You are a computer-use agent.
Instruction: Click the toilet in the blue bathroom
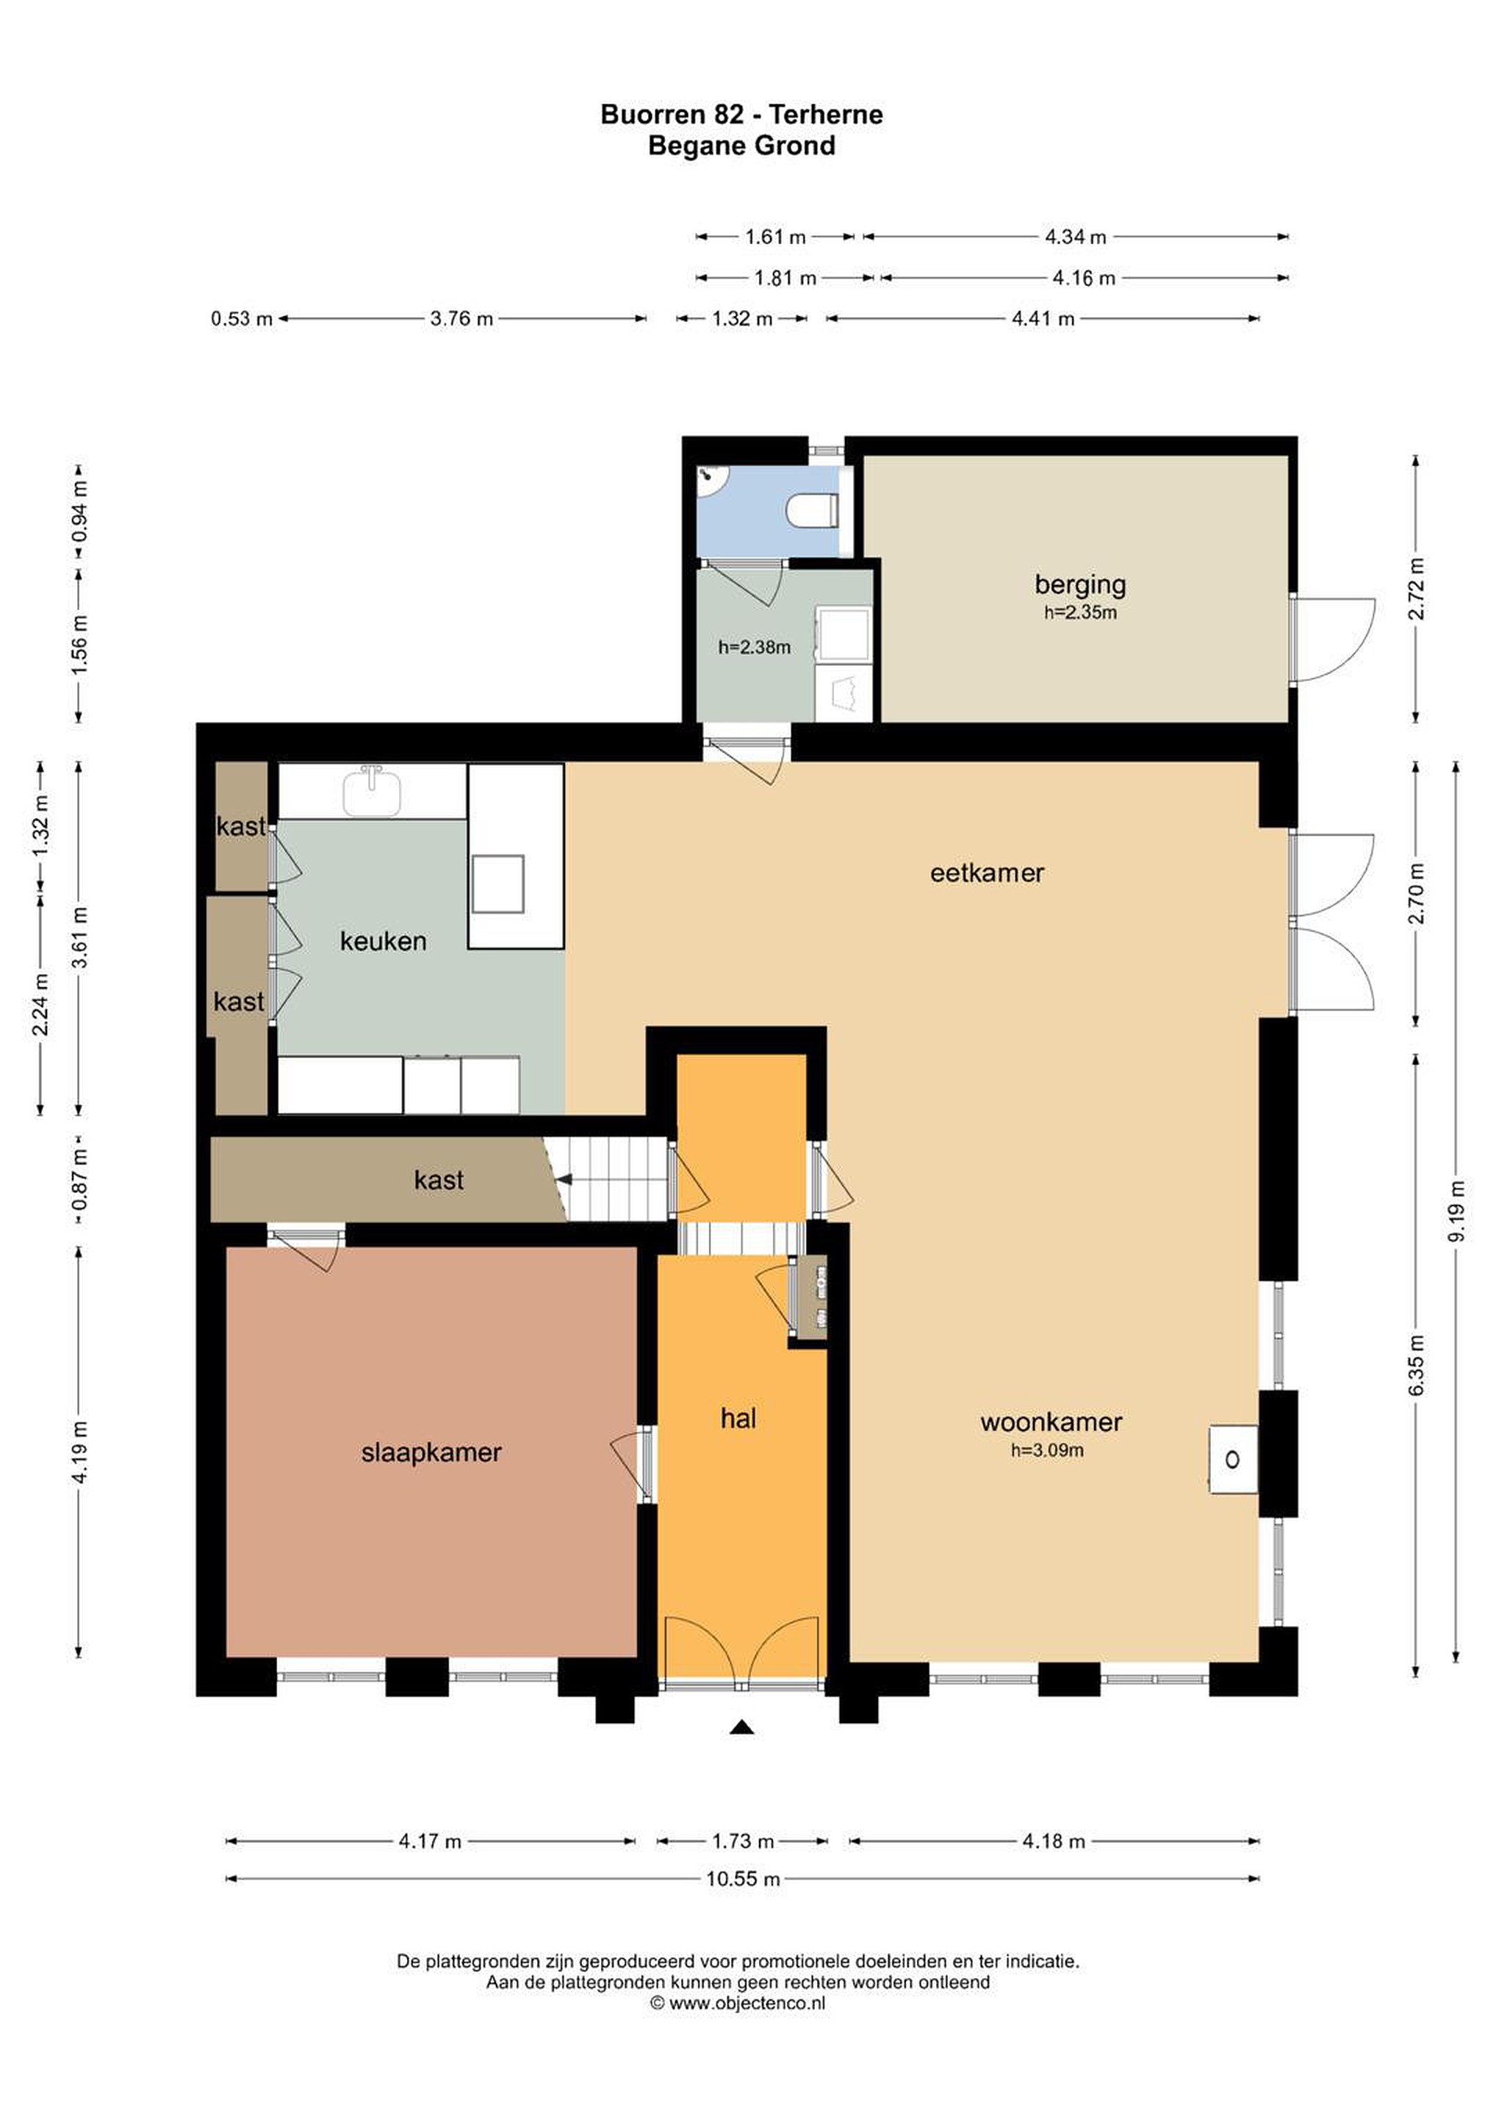812,509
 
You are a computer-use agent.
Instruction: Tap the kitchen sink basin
373,792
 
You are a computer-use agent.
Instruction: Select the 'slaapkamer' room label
431,1452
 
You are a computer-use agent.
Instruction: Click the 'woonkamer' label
1051,1422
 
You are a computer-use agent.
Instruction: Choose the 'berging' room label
1079,584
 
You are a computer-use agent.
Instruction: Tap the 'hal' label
738,1418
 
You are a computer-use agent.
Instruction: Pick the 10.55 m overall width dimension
743,1878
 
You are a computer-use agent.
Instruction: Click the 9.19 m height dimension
1456,1211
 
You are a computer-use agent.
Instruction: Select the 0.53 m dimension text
242,319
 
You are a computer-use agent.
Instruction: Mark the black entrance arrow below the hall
742,1727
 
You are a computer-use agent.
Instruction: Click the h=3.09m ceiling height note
1047,1450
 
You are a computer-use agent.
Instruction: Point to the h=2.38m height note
754,648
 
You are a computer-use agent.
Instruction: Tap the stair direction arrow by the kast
563,1179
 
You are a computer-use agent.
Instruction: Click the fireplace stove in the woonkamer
1233,1460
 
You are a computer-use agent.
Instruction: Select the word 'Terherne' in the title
826,115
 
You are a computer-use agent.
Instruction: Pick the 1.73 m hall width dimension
742,1841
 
